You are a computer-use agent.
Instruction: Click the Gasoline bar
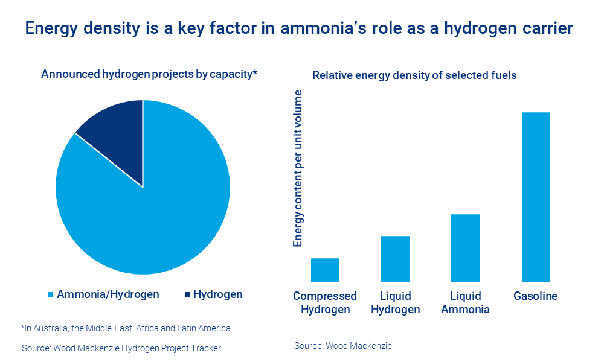[535, 197]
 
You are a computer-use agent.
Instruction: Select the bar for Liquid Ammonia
[465, 248]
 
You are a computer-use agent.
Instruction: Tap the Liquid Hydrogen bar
[395, 259]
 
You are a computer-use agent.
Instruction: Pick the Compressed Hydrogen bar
[325, 270]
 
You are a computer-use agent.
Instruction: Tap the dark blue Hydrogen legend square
[187, 295]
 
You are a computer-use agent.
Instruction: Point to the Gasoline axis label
[535, 296]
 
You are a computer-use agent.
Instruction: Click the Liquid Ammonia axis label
[465, 303]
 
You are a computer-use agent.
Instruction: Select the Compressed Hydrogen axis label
[325, 303]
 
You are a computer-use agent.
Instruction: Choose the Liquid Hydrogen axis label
[395, 303]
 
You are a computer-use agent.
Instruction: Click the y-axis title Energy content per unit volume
[298, 168]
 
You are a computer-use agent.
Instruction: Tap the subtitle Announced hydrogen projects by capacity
[149, 74]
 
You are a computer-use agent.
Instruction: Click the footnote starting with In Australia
[126, 328]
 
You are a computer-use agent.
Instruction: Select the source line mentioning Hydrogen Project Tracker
[121, 348]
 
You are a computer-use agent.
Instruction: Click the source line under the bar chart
[343, 346]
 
